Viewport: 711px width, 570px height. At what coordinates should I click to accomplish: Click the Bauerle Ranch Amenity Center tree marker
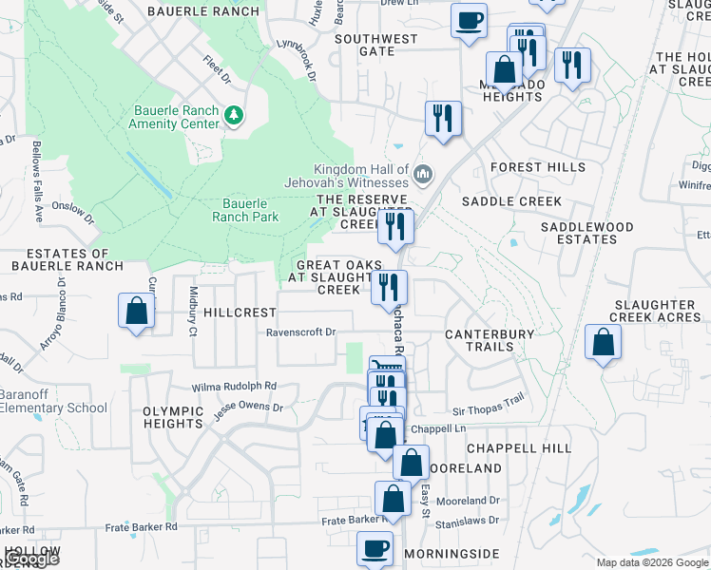coord(235,116)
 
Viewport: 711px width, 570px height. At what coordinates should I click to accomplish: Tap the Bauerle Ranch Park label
coord(245,210)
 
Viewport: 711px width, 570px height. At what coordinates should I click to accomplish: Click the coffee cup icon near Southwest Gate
coord(469,20)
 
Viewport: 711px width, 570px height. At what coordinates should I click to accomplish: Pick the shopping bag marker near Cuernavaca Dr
coord(137,311)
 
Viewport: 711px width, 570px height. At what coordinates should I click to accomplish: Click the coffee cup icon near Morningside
coord(375,549)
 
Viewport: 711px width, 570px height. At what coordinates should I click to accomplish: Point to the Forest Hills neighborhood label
coord(538,167)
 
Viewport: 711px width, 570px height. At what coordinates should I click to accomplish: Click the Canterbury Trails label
coord(490,340)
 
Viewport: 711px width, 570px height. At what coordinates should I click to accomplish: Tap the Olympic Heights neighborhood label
coord(174,417)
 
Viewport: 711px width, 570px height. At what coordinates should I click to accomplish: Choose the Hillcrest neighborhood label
coord(240,312)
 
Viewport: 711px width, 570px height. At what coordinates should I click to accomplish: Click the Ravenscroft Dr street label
coord(301,332)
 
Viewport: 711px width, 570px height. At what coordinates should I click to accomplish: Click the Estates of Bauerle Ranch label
coord(68,260)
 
